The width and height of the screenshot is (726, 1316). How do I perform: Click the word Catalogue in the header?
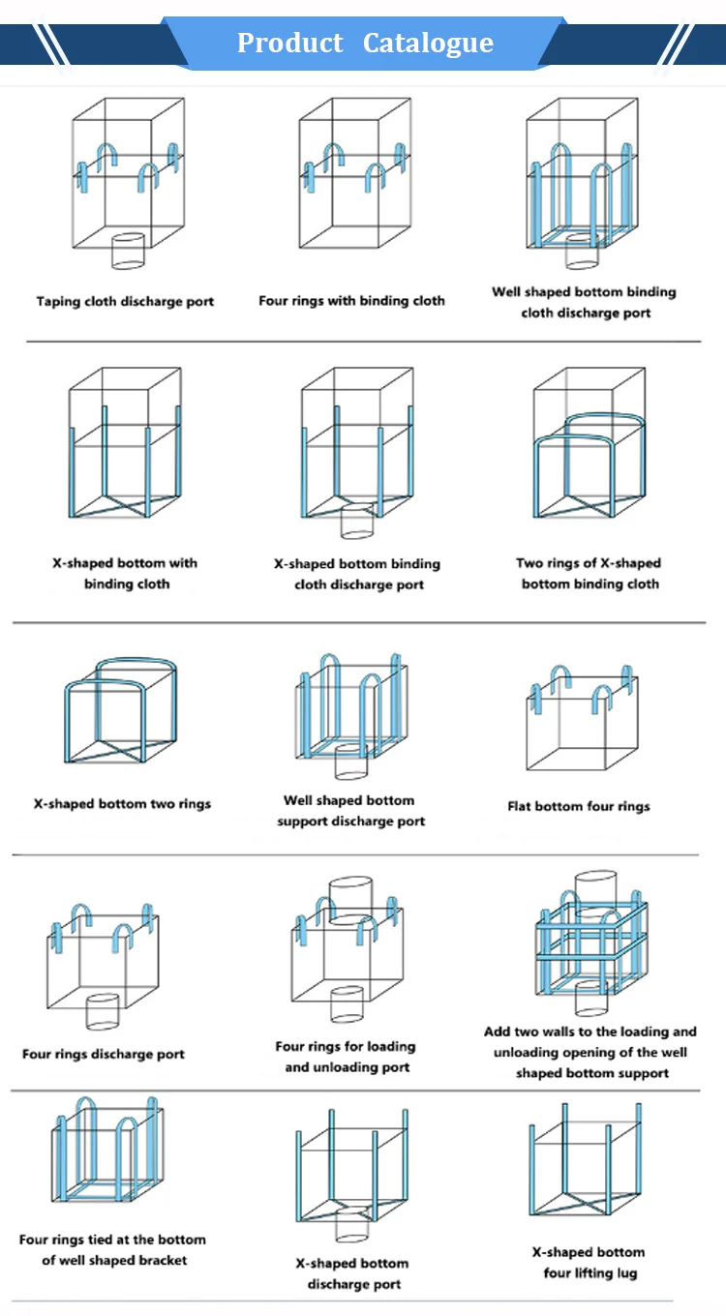coord(428,44)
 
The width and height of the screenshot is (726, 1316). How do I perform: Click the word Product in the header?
coord(289,44)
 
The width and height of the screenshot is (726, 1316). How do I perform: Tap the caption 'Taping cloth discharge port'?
coord(125,302)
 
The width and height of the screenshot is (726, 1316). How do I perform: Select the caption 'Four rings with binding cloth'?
coord(351,301)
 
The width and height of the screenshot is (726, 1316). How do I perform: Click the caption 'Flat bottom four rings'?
coord(579,806)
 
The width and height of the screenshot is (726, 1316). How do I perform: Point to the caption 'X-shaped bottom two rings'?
coord(122,803)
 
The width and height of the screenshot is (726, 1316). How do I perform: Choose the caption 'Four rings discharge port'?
coord(104,1054)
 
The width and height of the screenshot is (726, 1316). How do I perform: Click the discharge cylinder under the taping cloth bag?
coord(128,251)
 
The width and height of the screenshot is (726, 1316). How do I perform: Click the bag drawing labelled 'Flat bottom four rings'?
coord(580,720)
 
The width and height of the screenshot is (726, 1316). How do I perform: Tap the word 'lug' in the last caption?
coord(625,1272)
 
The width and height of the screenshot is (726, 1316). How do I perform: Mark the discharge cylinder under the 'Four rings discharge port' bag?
coord(102,1011)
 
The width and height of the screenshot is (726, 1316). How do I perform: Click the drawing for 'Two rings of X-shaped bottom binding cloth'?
coord(589,455)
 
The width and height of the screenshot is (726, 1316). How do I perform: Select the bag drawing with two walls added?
coord(591,943)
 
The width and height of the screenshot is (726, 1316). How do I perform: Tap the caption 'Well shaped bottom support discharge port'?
coord(350,811)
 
